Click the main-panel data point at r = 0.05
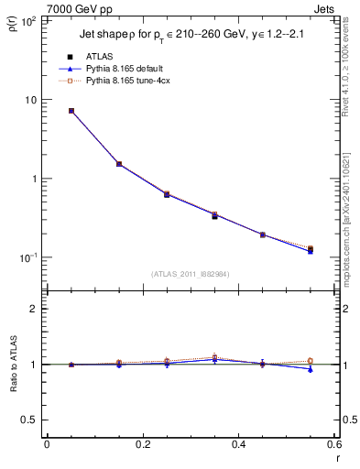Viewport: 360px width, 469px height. pos(71,111)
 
